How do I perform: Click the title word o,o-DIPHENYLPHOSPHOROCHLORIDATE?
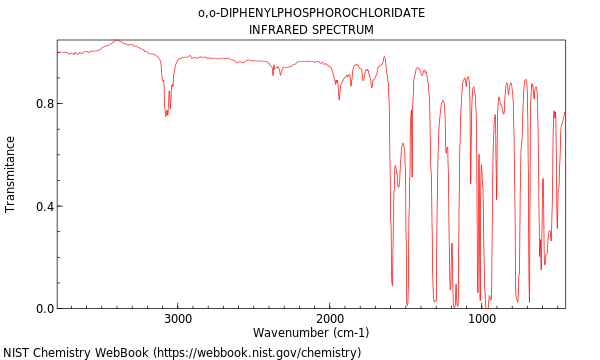311,13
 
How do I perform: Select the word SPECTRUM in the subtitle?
343,30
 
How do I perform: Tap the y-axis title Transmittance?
11,174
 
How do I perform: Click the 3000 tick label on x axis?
178,319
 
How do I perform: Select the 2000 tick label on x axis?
330,319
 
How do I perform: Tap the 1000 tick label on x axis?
482,319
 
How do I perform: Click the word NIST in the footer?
17,353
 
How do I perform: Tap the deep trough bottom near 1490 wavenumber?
407,304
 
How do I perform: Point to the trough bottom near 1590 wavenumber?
392,285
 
